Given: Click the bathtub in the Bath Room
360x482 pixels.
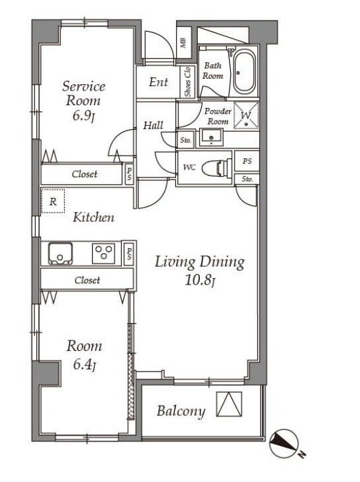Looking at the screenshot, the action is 244,72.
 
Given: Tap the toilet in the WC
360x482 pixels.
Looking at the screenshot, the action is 218,168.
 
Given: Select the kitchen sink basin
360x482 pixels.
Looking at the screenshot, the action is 60,254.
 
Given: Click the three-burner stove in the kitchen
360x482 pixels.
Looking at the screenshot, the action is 104,254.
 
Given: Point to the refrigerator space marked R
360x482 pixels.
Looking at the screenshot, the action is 53,201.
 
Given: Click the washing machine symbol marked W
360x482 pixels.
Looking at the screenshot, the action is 246,115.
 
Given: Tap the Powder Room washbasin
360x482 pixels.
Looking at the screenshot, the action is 211,138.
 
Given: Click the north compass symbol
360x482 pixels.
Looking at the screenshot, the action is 284,444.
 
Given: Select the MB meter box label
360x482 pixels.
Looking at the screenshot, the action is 183,43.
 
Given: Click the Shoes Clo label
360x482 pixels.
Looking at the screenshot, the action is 187,82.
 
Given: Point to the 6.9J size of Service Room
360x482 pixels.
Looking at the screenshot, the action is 83,116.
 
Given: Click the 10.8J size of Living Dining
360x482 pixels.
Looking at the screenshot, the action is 199,280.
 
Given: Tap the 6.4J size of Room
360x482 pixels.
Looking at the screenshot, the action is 84,365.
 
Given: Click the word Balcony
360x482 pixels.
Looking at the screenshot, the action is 181,411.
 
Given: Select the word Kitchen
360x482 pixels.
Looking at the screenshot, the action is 93,217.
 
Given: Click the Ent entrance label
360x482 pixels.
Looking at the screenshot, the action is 159,82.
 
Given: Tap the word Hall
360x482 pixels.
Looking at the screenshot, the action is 154,125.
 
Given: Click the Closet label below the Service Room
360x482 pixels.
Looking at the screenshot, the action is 85,174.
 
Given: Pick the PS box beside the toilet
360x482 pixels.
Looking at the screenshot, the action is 247,161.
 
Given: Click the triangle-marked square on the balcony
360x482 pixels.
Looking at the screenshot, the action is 229,404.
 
